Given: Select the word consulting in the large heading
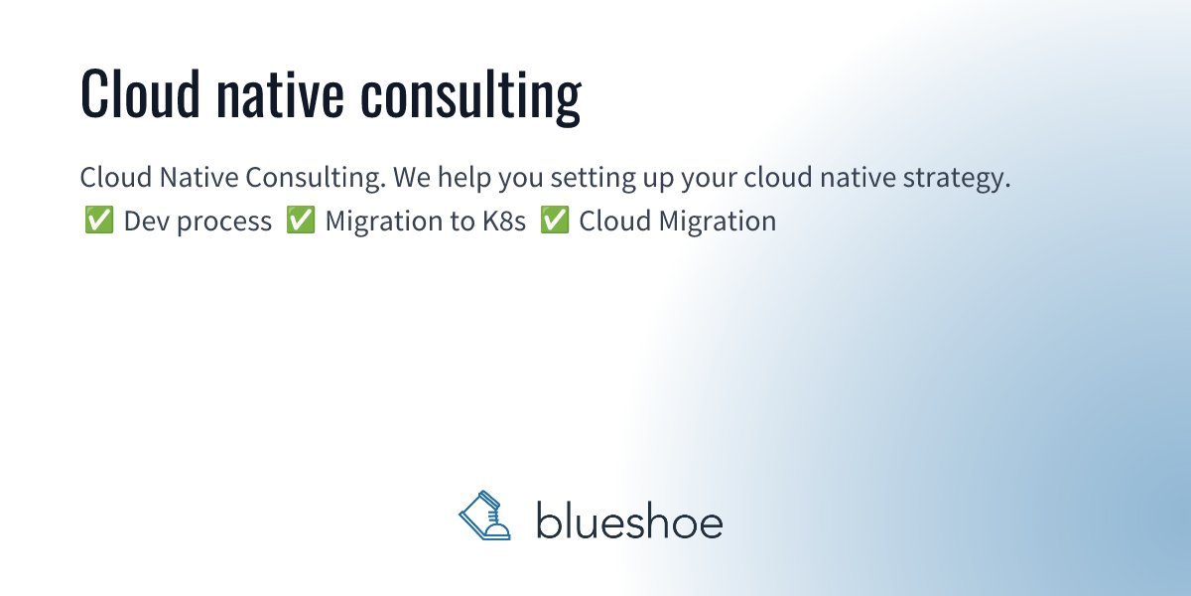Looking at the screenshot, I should click(x=470, y=96).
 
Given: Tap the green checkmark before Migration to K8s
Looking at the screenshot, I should click(x=300, y=221).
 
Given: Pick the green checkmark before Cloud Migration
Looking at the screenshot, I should click(x=554, y=221).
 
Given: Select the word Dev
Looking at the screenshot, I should click(x=144, y=221).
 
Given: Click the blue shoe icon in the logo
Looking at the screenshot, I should click(x=485, y=516).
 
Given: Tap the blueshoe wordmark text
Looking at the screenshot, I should click(x=629, y=520).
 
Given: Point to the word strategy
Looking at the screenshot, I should click(x=959, y=180).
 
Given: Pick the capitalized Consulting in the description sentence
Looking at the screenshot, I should click(x=314, y=180).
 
